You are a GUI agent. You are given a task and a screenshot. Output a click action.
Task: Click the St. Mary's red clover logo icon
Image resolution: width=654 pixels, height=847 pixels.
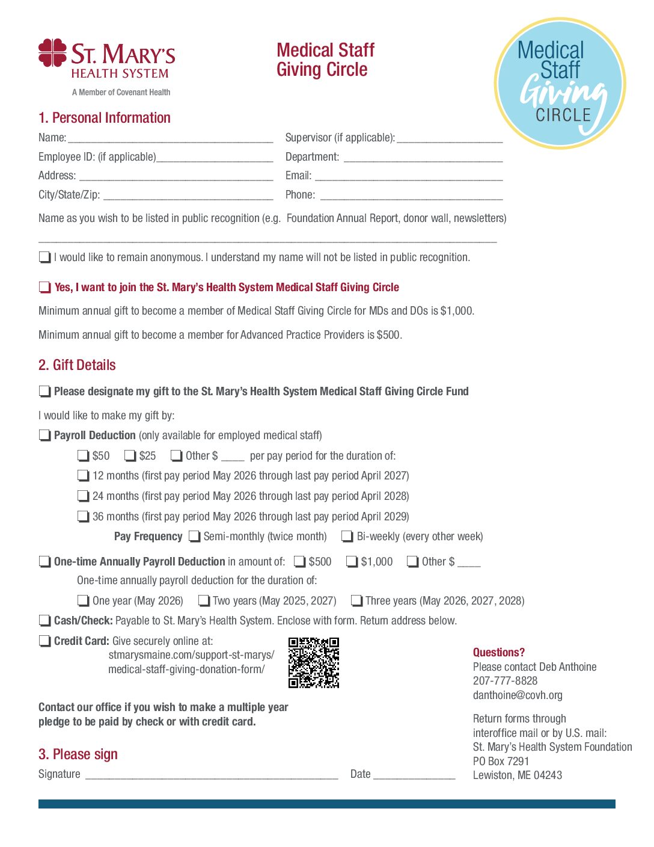click(52, 53)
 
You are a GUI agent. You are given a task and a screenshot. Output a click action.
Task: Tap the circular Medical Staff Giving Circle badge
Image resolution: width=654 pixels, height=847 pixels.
click(560, 84)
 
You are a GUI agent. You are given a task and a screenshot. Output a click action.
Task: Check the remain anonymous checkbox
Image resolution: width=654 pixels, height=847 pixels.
click(44, 257)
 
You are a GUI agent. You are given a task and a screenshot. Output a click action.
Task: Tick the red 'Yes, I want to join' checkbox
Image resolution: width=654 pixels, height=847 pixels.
click(44, 288)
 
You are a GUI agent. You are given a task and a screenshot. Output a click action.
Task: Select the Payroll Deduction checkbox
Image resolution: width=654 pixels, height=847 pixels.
click(44, 436)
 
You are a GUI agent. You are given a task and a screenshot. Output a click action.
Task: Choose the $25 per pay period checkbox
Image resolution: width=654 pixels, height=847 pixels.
click(130, 456)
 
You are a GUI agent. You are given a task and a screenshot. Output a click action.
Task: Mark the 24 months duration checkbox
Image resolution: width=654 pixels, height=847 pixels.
click(83, 496)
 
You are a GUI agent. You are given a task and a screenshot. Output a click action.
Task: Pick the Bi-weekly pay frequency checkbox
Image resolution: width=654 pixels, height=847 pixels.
click(347, 537)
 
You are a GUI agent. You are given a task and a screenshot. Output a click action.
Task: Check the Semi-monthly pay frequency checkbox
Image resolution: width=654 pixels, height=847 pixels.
click(194, 537)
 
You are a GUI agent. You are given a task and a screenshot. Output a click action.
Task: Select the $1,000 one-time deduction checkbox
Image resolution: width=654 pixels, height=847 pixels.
click(352, 562)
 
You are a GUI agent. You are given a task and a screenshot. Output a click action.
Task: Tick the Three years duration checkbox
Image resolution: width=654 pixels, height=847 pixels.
click(356, 601)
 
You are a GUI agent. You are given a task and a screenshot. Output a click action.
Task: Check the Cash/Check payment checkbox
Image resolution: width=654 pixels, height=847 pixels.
click(44, 621)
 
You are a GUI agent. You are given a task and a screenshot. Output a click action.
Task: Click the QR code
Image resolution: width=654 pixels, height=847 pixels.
click(314, 662)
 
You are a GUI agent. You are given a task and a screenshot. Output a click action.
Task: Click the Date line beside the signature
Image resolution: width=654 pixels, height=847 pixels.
click(414, 775)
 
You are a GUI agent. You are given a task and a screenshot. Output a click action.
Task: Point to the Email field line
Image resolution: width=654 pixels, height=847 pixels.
click(409, 176)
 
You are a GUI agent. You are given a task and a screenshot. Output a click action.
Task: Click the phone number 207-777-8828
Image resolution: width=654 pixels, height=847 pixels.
click(505, 681)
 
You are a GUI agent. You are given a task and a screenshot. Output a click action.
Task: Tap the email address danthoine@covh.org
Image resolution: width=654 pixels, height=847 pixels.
click(518, 695)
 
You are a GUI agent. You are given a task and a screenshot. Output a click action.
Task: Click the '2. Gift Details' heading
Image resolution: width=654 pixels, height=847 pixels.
click(77, 365)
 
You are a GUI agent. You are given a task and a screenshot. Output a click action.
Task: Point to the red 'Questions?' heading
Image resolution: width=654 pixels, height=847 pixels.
click(498, 653)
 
